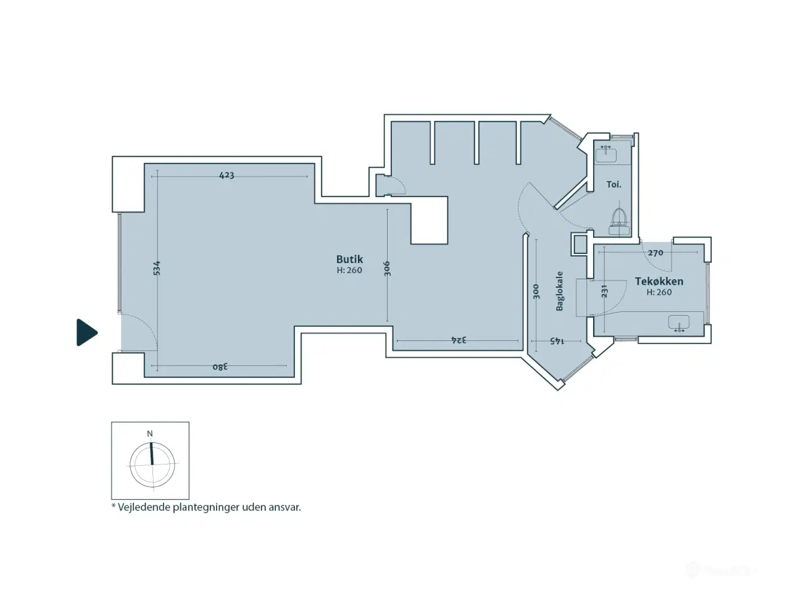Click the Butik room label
pyautogui.click(x=349, y=259)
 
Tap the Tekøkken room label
pyautogui.click(x=659, y=281)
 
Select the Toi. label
pyautogui.click(x=613, y=184)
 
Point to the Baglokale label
pyautogui.click(x=559, y=291)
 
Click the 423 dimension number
pyautogui.click(x=227, y=175)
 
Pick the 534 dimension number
pyautogui.click(x=157, y=268)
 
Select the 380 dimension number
pyautogui.click(x=220, y=366)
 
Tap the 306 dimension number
pyautogui.click(x=387, y=269)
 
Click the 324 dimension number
pyautogui.click(x=459, y=340)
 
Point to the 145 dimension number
pyautogui.click(x=557, y=340)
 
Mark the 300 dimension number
pyautogui.click(x=536, y=292)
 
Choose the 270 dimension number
pyautogui.click(x=655, y=253)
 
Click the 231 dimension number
pyautogui.click(x=604, y=292)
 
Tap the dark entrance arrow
pyautogui.click(x=86, y=332)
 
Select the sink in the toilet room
pyautogui.click(x=606, y=154)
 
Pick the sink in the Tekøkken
pyautogui.click(x=679, y=323)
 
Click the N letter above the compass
pyautogui.click(x=150, y=434)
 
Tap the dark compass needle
pyautogui.click(x=152, y=453)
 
